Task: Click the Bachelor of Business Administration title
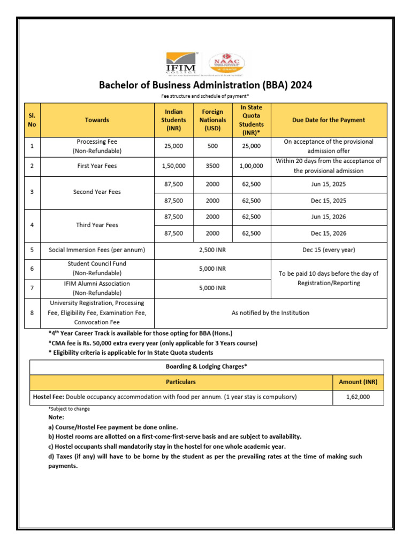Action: [x=205, y=85]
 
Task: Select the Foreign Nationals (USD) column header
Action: [x=213, y=120]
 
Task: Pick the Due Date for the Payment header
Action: [x=329, y=120]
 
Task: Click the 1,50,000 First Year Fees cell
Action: [x=173, y=166]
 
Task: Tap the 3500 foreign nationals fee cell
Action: [x=213, y=166]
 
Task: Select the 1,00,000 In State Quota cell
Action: [x=252, y=166]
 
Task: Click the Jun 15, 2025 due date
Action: [x=329, y=185]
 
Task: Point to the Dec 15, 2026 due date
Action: [x=329, y=233]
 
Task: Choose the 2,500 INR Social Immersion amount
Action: [x=212, y=249]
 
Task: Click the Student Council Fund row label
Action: [x=97, y=268]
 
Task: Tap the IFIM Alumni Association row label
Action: [x=97, y=288]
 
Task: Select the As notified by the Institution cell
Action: [x=270, y=312]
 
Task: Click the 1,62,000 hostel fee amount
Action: [x=358, y=397]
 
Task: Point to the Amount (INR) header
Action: [x=358, y=382]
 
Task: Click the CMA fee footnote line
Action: [x=153, y=343]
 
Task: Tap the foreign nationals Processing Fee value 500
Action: [x=213, y=146]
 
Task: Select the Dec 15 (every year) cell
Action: [x=329, y=249]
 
